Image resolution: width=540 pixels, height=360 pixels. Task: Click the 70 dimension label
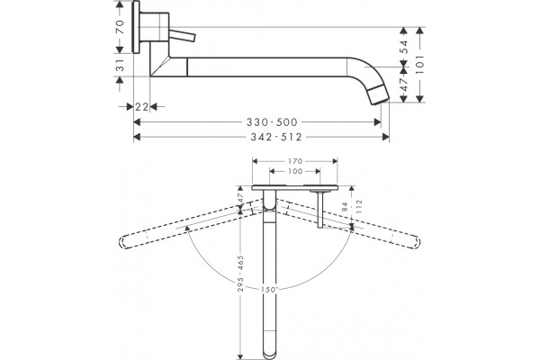(x=120, y=27)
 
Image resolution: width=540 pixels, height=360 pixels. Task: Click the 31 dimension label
(x=120, y=65)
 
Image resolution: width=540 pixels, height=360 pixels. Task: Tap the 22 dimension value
(x=141, y=107)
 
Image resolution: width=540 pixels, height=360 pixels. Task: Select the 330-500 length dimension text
(x=272, y=122)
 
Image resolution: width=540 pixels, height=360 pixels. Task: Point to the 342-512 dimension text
(x=276, y=137)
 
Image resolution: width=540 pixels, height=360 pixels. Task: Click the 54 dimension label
(x=404, y=46)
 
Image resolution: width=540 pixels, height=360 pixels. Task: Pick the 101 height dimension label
(x=419, y=65)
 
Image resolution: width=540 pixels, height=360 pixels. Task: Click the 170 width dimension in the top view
(x=295, y=161)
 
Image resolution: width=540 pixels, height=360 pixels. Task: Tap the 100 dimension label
(x=295, y=171)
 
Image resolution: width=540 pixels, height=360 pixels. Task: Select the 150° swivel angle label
(x=269, y=290)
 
